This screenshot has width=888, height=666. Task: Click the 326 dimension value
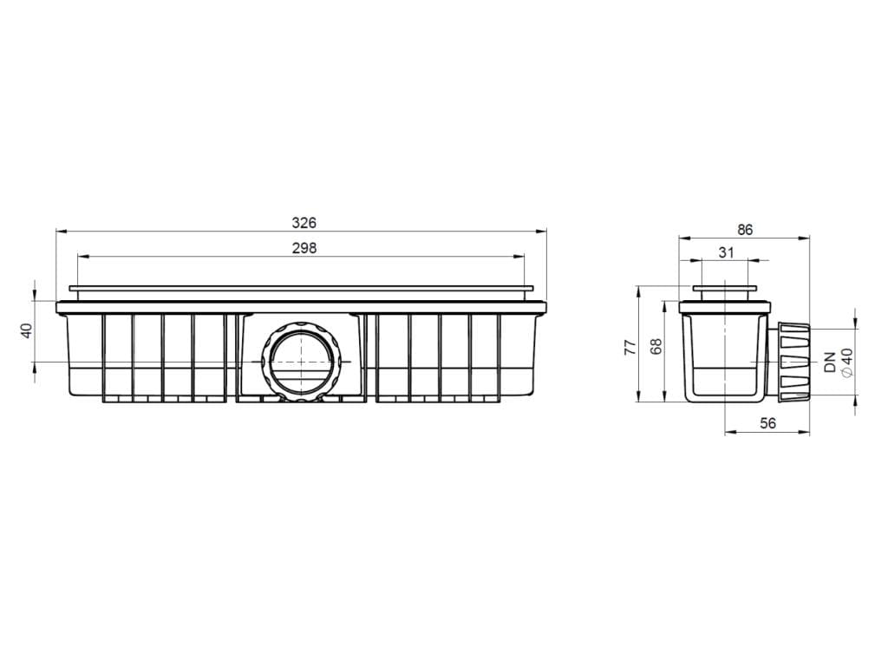304,223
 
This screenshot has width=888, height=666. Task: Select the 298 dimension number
304,248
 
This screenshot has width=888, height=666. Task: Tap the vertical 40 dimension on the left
27,330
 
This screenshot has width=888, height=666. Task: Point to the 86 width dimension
745,229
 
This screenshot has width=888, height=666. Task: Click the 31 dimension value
726,252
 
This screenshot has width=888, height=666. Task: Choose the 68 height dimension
656,347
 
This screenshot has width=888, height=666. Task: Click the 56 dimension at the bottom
768,423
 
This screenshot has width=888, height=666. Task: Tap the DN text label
830,362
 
